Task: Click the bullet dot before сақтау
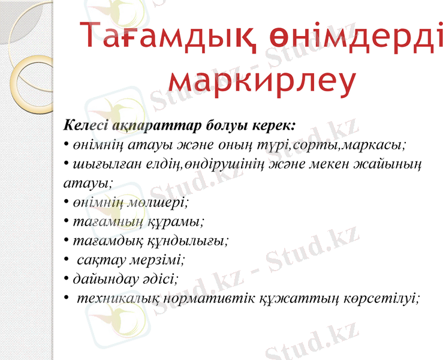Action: [66, 260]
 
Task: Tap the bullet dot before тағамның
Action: [66, 221]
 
